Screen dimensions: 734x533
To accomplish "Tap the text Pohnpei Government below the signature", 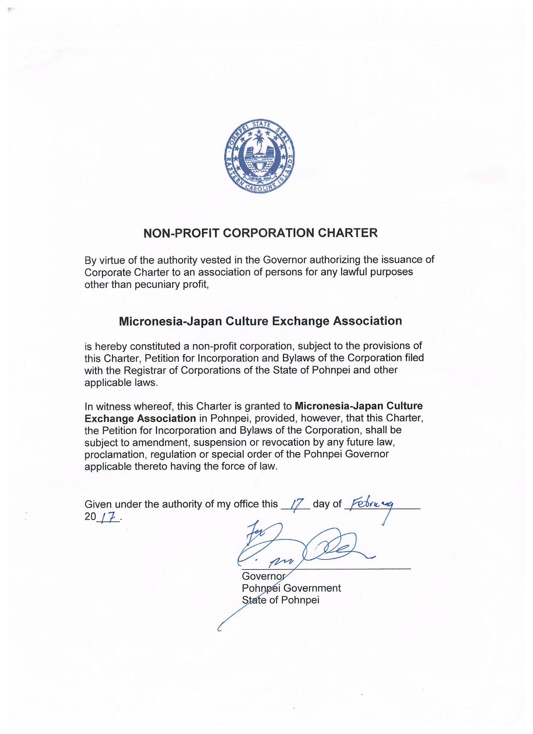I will [291, 588].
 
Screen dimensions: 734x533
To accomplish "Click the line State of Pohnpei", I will [281, 600].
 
